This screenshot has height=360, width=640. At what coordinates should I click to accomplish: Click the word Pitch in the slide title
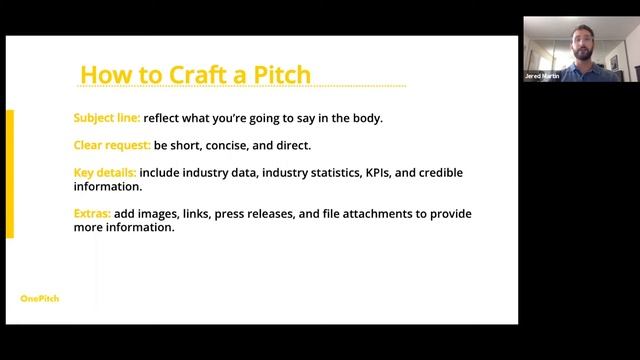(x=281, y=74)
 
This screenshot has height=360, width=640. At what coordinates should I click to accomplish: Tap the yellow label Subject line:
(x=107, y=118)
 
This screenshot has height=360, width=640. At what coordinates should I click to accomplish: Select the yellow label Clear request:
(x=112, y=145)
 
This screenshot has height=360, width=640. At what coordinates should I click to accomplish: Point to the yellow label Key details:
(x=105, y=173)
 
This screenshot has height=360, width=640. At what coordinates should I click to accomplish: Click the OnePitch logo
(x=40, y=298)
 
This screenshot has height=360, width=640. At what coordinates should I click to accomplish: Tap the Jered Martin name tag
(x=541, y=76)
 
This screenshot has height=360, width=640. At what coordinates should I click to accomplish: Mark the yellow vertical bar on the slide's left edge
(x=10, y=174)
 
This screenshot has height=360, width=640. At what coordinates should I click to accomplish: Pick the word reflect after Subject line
(x=164, y=118)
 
